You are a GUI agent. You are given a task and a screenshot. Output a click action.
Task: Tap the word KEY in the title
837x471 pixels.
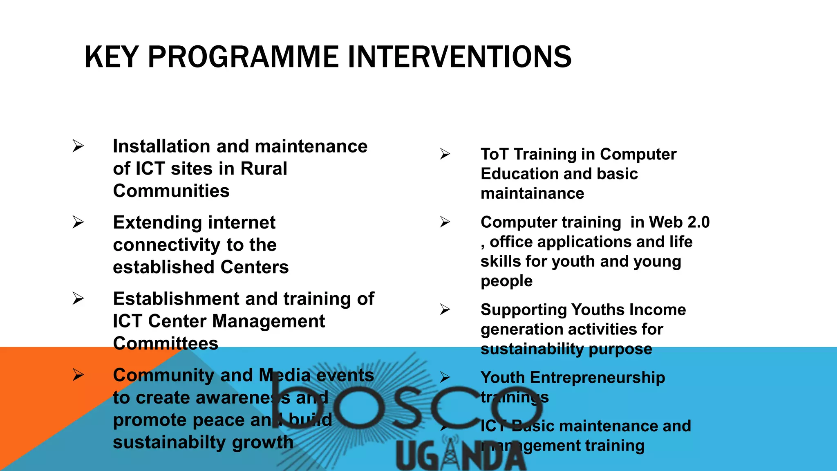coord(111,57)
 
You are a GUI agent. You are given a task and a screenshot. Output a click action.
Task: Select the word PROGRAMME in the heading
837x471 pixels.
coord(243,57)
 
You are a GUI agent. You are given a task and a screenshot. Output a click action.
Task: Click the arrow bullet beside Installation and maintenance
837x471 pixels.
coord(78,146)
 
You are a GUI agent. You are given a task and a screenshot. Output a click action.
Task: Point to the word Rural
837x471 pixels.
coord(264,168)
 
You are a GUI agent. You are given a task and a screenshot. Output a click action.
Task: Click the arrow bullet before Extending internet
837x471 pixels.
coord(78,222)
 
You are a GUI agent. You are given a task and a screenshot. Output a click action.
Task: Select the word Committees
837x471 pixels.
coord(166,343)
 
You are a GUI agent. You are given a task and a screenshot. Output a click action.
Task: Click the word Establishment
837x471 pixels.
coord(176,299)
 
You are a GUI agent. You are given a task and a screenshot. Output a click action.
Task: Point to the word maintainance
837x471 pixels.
coord(532,193)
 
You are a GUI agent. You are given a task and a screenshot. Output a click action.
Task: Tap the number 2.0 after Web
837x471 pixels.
coord(698,222)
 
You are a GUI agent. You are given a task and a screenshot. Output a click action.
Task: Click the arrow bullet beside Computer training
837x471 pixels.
coord(445,222)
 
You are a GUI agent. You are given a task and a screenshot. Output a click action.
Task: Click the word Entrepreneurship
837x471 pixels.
coord(597,377)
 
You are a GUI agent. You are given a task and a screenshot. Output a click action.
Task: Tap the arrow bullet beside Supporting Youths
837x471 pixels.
coord(445,310)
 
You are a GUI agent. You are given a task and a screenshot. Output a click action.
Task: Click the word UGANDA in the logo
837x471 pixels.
coord(461,456)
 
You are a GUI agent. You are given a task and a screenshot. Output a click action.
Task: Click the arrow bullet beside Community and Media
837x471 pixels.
coord(78,375)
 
